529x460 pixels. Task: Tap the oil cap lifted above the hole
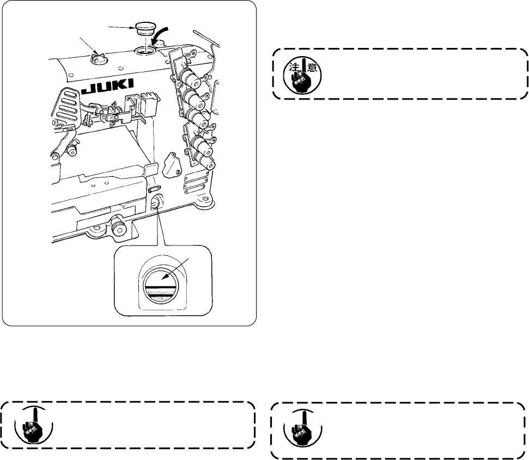[x=145, y=28]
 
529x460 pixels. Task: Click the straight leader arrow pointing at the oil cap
[x=120, y=24]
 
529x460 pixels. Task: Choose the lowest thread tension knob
[x=207, y=162]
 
